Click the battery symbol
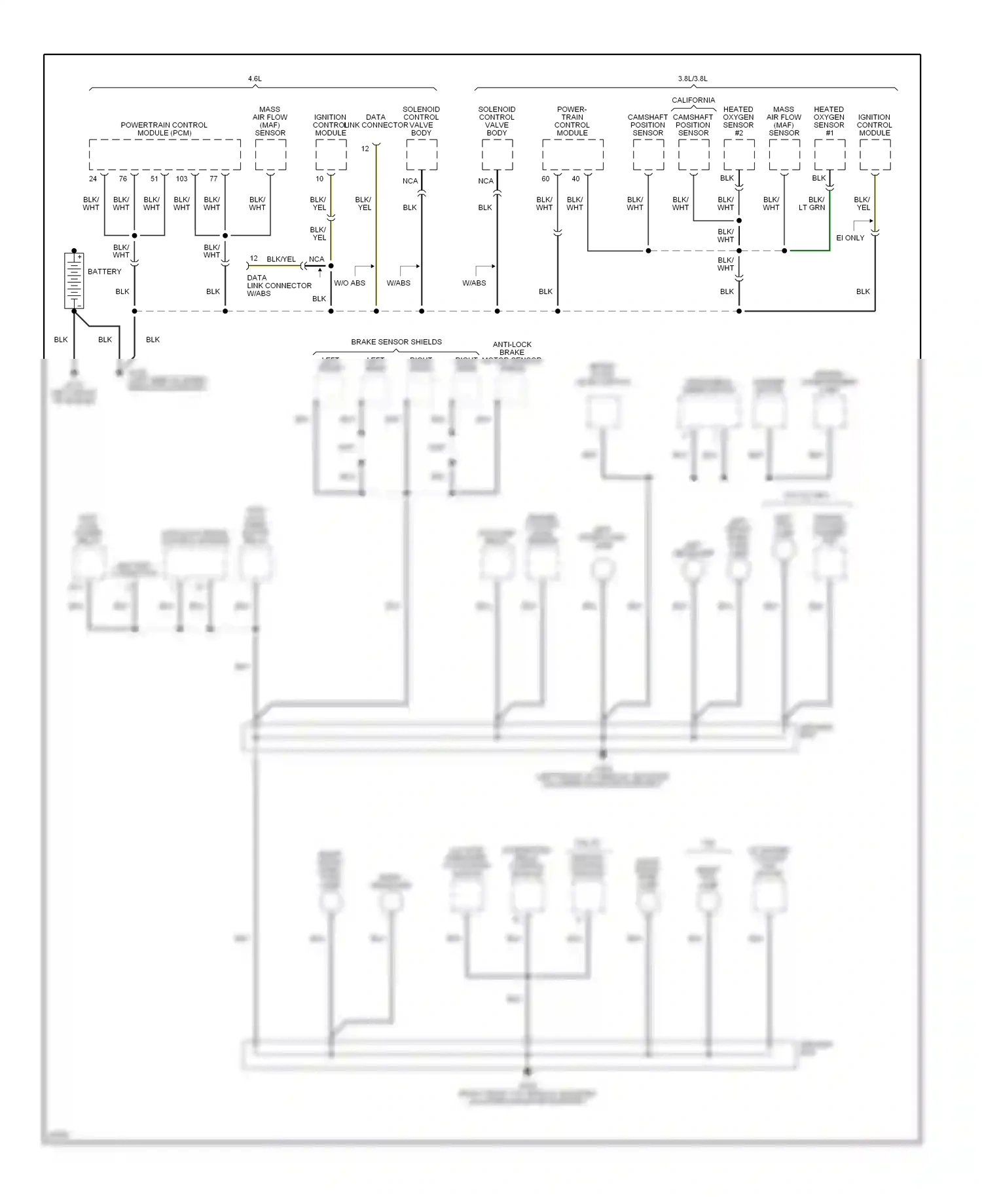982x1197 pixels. pos(74,280)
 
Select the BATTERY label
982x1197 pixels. pos(105,272)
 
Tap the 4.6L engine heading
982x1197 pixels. pos(255,79)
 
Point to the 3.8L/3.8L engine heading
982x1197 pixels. pos(693,79)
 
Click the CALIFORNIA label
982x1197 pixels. pos(693,100)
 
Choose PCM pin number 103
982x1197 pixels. pos(181,179)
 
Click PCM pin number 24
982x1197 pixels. pos(93,179)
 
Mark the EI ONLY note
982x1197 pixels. pos(850,238)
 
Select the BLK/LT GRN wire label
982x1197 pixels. pos(812,204)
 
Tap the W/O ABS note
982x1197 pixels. pos(350,283)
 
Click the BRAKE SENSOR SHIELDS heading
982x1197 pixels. pos(396,342)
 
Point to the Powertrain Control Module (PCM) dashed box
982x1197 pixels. pos(164,155)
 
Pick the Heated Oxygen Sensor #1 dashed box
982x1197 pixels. pos(829,155)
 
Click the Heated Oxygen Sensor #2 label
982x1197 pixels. pos(738,121)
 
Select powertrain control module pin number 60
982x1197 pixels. pos(545,179)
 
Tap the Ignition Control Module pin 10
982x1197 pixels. pos(319,179)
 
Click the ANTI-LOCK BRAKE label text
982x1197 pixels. pos(512,348)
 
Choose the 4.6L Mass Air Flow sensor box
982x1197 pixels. pos(270,155)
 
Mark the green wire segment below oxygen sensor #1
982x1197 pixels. pos(809,250)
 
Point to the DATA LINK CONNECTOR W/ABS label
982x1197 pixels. pos(279,285)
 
